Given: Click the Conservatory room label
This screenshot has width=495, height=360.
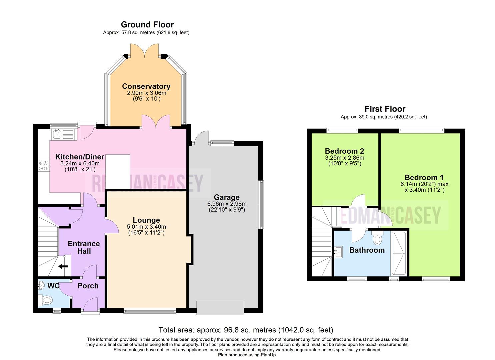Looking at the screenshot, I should pyautogui.click(x=146, y=86).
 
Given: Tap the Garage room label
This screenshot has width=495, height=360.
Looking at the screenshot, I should pyautogui.click(x=227, y=197).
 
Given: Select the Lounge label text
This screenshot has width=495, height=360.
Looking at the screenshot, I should pyautogui.click(x=146, y=220).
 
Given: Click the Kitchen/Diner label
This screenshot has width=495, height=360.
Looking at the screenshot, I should pyautogui.click(x=80, y=157).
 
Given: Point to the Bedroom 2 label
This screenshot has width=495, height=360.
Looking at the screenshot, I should pyautogui.click(x=344, y=151).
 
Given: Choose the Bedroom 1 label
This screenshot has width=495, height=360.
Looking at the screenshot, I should pyautogui.click(x=424, y=177).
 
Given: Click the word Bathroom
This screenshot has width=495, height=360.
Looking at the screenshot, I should pyautogui.click(x=367, y=250).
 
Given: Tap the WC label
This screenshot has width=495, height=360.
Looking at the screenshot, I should pyautogui.click(x=53, y=286).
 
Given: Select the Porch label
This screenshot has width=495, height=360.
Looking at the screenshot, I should pyautogui.click(x=88, y=286).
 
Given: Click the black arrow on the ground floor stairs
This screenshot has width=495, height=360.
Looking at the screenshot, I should pyautogui.click(x=63, y=266).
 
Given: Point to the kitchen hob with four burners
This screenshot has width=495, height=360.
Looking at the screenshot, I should pyautogui.click(x=44, y=166).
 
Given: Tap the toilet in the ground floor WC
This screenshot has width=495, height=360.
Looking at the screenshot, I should pyautogui.click(x=46, y=300).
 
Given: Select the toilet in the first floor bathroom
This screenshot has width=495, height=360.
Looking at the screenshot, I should pyautogui.click(x=378, y=238).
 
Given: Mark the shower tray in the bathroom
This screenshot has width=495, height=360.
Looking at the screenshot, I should pyautogui.click(x=399, y=253).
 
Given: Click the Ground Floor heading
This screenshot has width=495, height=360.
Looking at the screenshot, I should pyautogui.click(x=147, y=25).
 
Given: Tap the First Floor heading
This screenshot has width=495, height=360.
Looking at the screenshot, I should pyautogui.click(x=385, y=109).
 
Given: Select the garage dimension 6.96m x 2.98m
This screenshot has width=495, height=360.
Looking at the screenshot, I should pyautogui.click(x=227, y=204).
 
